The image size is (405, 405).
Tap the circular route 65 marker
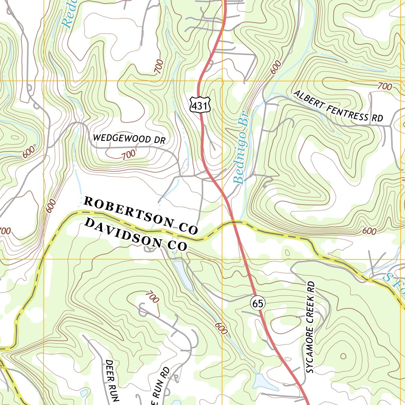point(257,303)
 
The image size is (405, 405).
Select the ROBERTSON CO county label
point(140,215)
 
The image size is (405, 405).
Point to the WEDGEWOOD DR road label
point(128,139)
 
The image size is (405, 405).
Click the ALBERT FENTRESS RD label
point(338,106)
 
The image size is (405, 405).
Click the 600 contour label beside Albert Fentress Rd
point(276,67)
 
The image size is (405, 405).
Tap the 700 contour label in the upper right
point(385,86)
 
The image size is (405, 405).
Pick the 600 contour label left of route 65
point(221,328)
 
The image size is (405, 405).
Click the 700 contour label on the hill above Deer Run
point(152,297)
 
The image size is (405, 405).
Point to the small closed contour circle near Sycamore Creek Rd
point(342,356)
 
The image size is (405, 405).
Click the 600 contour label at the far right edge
point(369,231)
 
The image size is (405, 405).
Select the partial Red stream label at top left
point(68,18)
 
